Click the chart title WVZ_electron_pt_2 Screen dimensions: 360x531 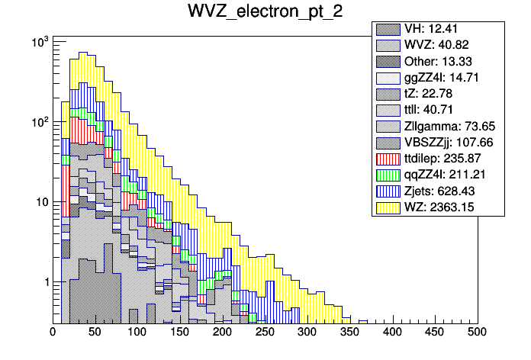coord(265,12)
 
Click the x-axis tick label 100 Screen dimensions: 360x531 coord(137,333)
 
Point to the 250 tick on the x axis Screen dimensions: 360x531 coord(265,333)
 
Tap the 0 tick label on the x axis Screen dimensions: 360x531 coord(53,333)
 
